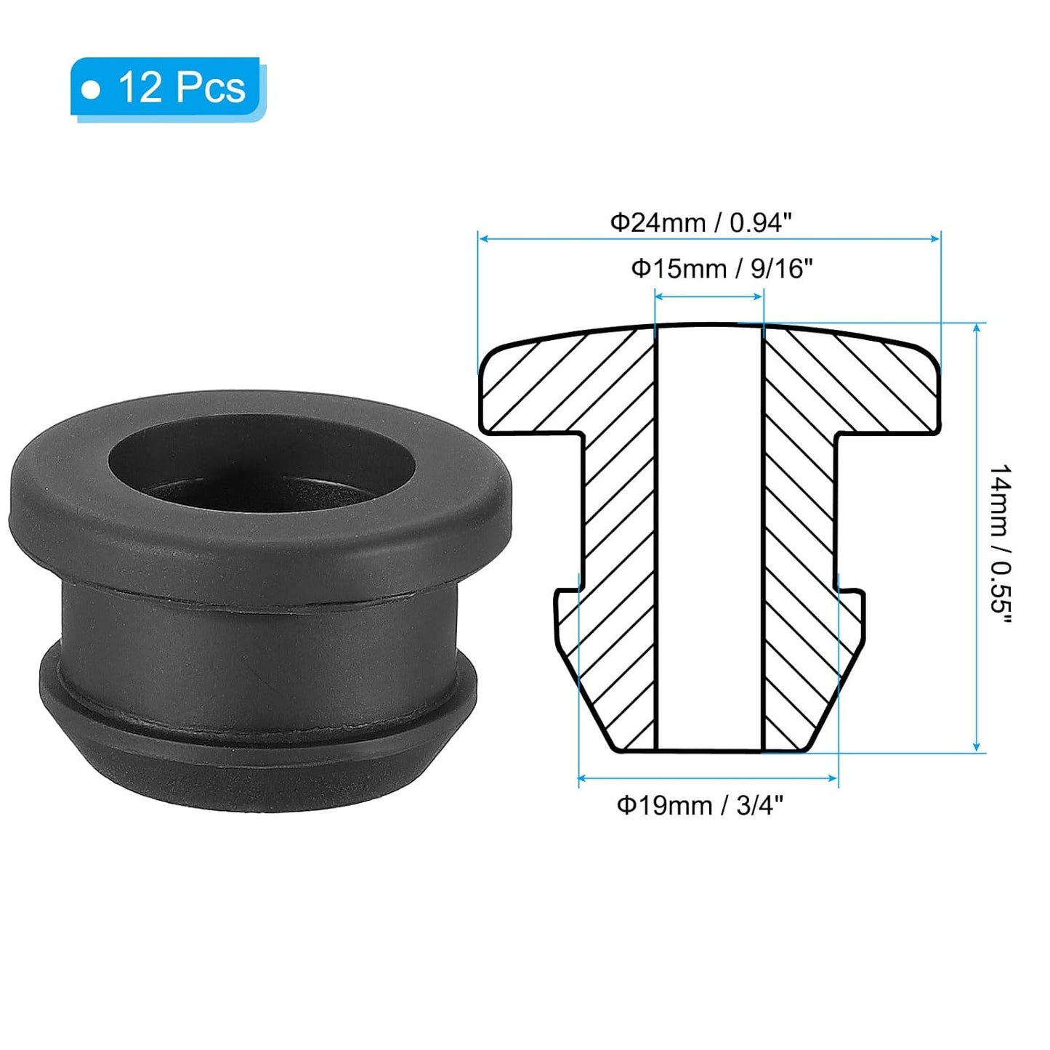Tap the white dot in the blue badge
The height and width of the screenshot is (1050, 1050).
[92, 89]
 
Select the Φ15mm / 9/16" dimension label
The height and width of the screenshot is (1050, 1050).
[721, 269]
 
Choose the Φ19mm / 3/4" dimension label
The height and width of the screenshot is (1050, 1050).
[700, 805]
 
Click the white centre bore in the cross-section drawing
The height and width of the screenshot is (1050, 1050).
[709, 538]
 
